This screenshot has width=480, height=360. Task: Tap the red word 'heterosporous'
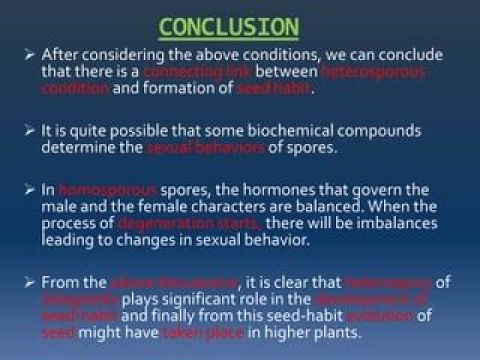373,71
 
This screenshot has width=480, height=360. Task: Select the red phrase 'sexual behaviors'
205,147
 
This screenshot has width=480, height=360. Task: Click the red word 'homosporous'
108,190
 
